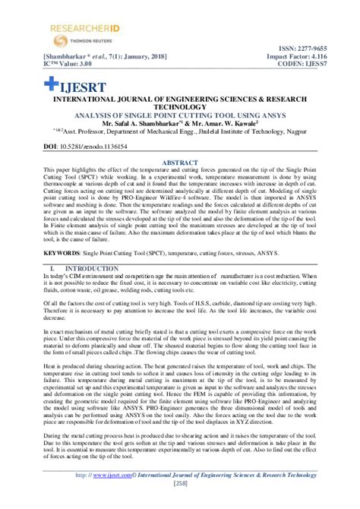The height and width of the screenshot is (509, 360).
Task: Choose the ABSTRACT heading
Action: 180,162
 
